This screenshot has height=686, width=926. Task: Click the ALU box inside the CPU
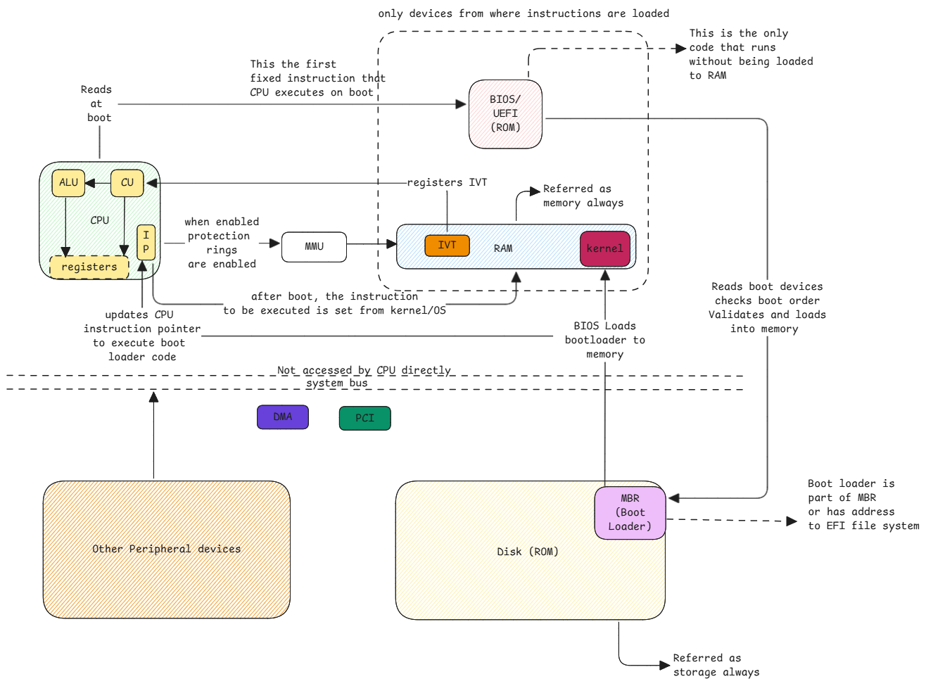click(68, 183)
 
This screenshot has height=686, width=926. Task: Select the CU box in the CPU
click(127, 183)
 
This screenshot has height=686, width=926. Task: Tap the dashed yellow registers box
click(89, 267)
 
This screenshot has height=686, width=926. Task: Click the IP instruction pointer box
click(146, 242)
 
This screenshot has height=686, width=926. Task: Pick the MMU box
click(314, 247)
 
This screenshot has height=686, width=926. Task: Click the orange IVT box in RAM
click(447, 246)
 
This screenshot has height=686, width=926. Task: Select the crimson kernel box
click(604, 248)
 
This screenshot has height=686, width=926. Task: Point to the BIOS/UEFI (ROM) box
click(505, 114)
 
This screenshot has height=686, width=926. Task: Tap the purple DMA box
click(282, 417)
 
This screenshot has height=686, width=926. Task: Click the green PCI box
click(364, 418)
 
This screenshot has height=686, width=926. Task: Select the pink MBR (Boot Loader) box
click(630, 513)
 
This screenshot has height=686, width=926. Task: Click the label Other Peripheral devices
click(166, 549)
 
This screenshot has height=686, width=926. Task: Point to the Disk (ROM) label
click(527, 552)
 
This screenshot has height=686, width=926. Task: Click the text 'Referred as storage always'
click(715, 665)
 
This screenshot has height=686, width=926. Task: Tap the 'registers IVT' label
click(447, 183)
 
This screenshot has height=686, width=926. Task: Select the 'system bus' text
click(336, 383)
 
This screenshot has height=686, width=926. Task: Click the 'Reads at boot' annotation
click(98, 103)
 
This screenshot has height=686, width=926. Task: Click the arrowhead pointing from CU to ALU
click(89, 183)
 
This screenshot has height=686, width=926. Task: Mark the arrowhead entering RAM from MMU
click(392, 244)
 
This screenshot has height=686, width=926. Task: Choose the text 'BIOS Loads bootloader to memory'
click(604, 340)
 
